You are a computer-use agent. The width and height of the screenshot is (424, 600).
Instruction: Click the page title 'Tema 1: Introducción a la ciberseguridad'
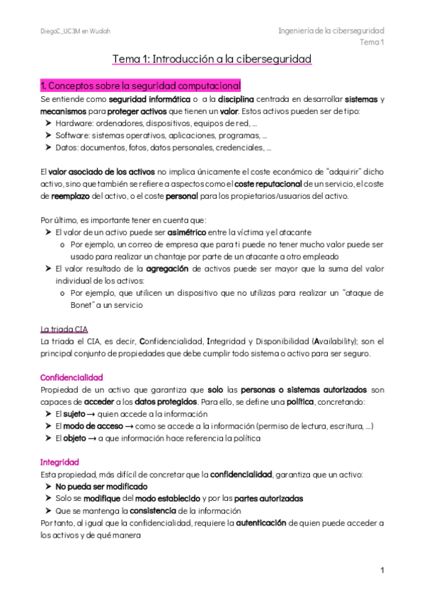(x=212, y=59)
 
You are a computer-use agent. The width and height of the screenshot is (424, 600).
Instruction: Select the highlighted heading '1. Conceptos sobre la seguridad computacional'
(x=141, y=86)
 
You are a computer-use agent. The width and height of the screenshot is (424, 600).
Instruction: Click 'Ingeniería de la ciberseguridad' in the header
(x=331, y=31)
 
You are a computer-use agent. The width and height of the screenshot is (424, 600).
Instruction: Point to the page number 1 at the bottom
(x=382, y=570)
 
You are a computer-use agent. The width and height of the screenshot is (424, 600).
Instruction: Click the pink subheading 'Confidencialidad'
(x=72, y=377)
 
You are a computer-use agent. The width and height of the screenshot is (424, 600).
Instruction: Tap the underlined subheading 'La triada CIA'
(x=64, y=329)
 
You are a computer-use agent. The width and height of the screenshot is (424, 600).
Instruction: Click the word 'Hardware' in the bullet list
(x=74, y=123)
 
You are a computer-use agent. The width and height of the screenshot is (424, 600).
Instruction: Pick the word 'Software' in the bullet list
(x=72, y=136)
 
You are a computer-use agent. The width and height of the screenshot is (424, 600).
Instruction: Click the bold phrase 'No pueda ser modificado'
(x=101, y=487)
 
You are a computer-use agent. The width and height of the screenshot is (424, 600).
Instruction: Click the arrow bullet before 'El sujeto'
(x=47, y=414)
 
